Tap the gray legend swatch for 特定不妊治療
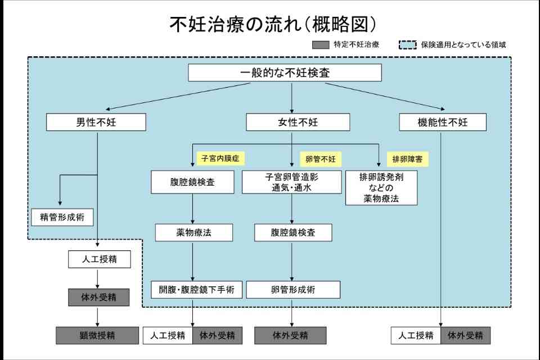pos(320,44)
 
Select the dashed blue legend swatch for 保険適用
pos(407,44)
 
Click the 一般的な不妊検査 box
pos(285,73)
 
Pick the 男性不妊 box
pos(96,122)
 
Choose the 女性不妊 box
pos(298,122)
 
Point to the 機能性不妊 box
pos(443,122)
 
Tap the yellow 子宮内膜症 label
pos(220,158)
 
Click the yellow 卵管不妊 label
pos(320,159)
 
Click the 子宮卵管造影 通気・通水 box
pos(291,182)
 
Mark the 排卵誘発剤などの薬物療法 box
pos(381,188)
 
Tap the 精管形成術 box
pos(62,217)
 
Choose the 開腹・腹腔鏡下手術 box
pos(193,290)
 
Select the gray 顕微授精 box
pos(97,336)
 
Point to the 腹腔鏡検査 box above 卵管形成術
pos(293,232)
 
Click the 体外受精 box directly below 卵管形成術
pos(290,336)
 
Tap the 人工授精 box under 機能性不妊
pos(416,336)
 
